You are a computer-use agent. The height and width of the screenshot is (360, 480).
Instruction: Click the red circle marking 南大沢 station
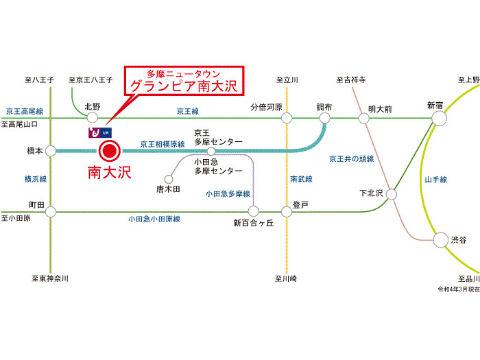click(x=110, y=151)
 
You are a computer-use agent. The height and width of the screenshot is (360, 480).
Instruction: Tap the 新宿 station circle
click(x=438, y=118)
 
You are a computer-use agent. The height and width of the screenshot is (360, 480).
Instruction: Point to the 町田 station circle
click(x=51, y=211)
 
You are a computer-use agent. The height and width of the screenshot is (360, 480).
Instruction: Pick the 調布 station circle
click(x=324, y=119)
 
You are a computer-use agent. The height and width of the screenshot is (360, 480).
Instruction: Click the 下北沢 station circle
click(x=391, y=194)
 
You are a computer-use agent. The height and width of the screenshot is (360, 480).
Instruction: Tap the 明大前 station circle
click(x=364, y=119)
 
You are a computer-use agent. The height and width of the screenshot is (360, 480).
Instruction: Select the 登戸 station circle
click(x=287, y=211)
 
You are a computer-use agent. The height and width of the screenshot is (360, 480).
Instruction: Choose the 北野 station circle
click(x=93, y=119)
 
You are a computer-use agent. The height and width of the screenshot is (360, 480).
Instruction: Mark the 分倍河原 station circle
click(x=287, y=119)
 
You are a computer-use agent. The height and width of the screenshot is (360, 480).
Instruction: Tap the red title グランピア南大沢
click(x=184, y=87)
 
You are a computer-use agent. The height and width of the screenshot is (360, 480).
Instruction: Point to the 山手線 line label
click(x=435, y=180)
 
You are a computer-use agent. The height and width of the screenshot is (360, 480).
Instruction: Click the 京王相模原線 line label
click(x=164, y=144)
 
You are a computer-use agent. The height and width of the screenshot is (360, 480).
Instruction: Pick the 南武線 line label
click(x=301, y=179)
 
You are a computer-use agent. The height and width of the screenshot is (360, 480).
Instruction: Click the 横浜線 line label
click(x=35, y=179)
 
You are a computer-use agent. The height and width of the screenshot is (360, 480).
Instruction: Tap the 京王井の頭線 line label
click(x=352, y=159)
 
